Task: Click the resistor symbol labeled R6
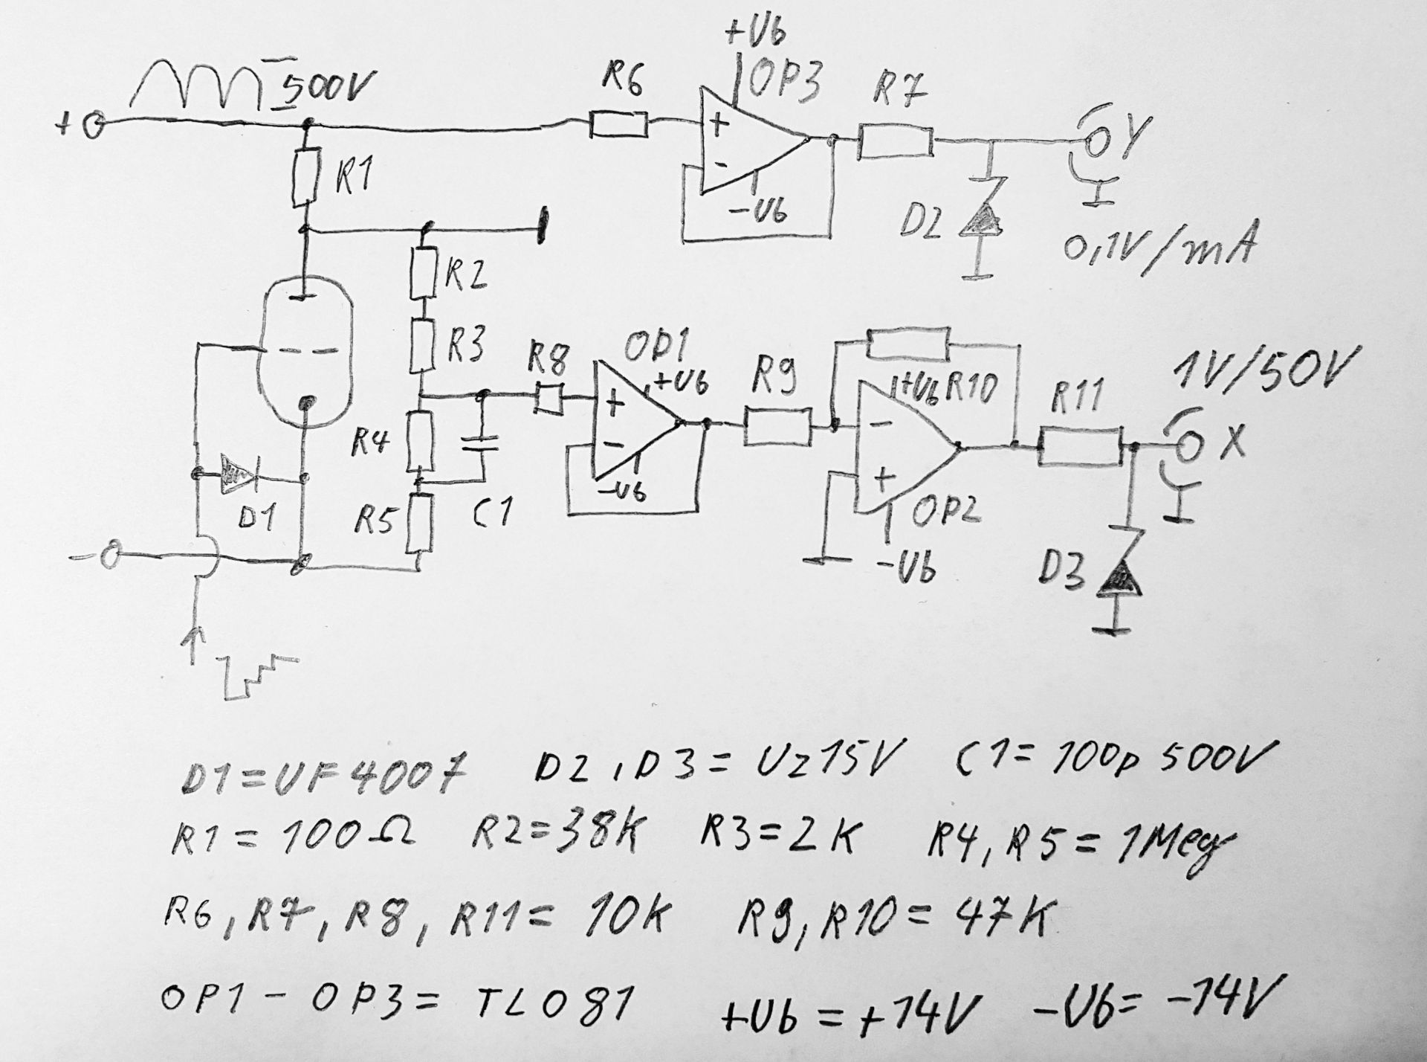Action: click(619, 125)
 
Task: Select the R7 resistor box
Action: click(895, 142)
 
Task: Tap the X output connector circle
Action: click(1187, 446)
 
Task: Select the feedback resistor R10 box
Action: click(907, 343)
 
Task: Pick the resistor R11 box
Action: click(1080, 447)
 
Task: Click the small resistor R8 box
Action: click(549, 400)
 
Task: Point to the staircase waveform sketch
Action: click(256, 674)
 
